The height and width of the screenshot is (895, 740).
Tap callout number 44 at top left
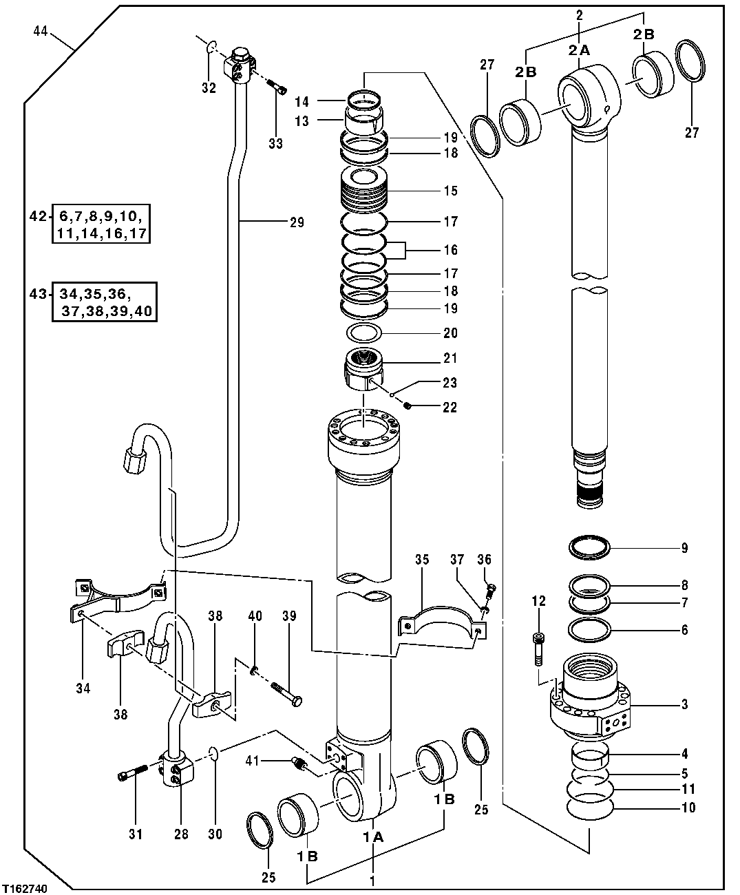point(39,31)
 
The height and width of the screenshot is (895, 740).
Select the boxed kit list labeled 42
point(100,223)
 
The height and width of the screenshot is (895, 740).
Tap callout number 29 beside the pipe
point(297,222)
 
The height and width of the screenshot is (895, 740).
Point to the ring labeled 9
point(590,548)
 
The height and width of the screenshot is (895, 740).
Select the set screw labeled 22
point(409,406)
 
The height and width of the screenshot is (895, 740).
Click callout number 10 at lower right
point(688,808)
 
